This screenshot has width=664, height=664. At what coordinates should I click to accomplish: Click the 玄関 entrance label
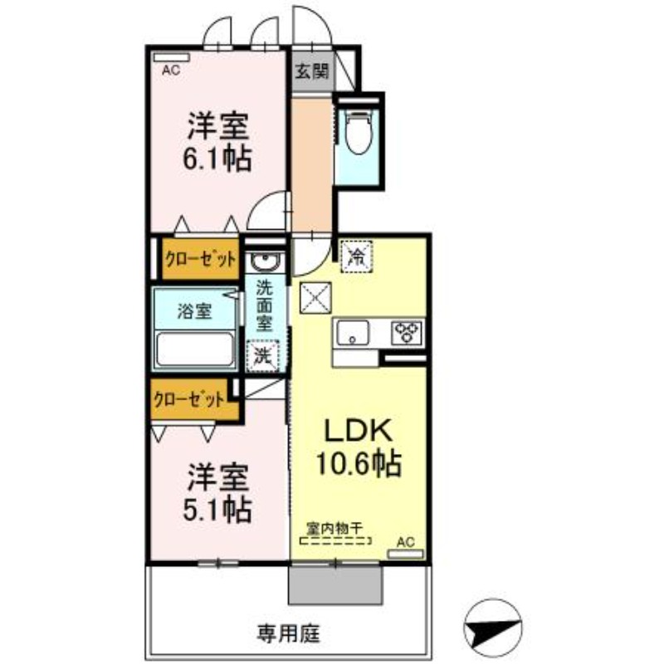coord(312,71)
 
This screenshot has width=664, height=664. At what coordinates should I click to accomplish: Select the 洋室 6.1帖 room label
coord(217,142)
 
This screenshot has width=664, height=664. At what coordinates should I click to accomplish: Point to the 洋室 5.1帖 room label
coord(217,493)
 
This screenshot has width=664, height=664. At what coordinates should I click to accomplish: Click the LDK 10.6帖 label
coord(359,447)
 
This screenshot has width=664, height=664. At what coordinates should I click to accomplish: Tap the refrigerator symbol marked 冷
coord(357,256)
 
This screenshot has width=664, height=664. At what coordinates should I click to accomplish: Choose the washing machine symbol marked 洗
coord(263,356)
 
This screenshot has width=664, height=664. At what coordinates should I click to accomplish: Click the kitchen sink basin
coord(354,332)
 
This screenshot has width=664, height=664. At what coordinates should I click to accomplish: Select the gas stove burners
coord(407,333)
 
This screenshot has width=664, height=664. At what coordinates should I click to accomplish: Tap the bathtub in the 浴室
coord(195,349)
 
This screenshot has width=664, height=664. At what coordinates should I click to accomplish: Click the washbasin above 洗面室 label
coord(264,261)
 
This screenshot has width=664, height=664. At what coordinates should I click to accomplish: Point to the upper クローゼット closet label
coord(200,259)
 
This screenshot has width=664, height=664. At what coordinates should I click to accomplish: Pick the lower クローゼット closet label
coord(189,399)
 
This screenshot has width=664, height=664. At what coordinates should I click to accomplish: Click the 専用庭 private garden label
coord(288,633)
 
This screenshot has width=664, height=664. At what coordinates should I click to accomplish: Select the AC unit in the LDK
coord(406,554)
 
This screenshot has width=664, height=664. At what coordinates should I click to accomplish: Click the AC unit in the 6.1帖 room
coord(172,57)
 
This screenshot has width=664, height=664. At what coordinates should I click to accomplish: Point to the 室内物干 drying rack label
coord(335,529)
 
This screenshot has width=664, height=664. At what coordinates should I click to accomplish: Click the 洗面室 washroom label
coord(265,306)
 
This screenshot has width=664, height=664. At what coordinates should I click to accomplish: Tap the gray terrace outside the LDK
coord(335,585)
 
